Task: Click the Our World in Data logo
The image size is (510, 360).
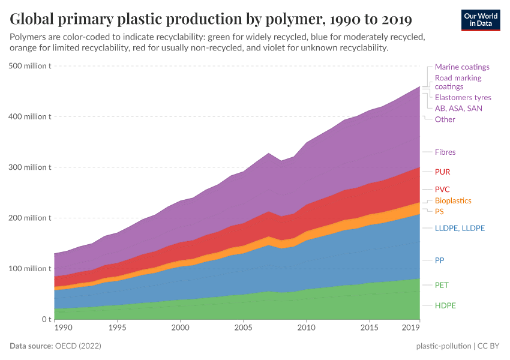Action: point(480,20)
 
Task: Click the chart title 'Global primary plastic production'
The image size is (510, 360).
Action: point(211,19)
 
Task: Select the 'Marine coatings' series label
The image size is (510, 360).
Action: point(462,67)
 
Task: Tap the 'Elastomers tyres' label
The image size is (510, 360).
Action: point(463,97)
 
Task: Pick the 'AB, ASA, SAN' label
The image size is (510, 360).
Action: point(458,109)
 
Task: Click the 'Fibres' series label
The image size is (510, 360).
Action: point(445,152)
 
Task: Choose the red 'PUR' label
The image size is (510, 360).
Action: point(442,172)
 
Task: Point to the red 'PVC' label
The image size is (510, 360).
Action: point(442,189)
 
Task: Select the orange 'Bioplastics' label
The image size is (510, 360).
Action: point(453,201)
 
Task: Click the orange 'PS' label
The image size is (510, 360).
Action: point(439,212)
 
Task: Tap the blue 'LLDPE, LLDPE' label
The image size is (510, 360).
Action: point(460,228)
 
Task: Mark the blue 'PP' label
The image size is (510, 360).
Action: point(439,260)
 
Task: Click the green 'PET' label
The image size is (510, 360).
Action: point(442,285)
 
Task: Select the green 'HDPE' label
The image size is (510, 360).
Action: point(445,305)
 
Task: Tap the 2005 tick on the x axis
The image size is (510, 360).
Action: point(243,328)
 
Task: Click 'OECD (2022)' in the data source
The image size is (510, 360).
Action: point(78,346)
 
